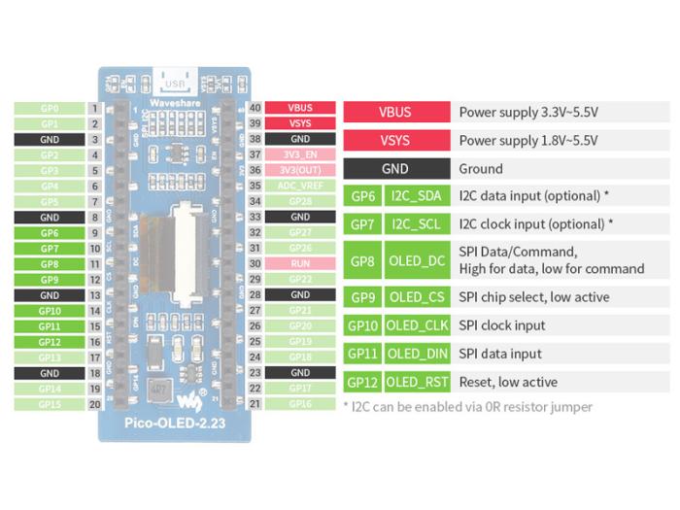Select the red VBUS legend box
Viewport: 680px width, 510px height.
pos(395,112)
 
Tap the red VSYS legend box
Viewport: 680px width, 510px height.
pos(395,140)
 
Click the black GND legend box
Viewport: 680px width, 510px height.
pos(395,168)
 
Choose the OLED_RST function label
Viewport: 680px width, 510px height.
pos(416,382)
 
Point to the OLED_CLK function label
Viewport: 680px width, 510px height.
pos(416,325)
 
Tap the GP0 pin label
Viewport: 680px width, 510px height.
pos(50,109)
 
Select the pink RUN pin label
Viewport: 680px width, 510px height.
pos(300,263)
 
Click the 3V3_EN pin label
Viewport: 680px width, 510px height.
pos(300,154)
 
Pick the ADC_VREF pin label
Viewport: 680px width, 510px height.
pos(300,186)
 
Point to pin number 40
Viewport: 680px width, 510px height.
pos(255,109)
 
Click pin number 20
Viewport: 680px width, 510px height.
pos(95,403)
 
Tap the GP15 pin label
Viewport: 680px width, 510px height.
pos(50,403)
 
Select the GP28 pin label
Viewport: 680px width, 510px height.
pos(300,201)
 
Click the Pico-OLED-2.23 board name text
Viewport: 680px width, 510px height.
pos(175,425)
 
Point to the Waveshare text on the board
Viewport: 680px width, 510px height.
pos(175,102)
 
